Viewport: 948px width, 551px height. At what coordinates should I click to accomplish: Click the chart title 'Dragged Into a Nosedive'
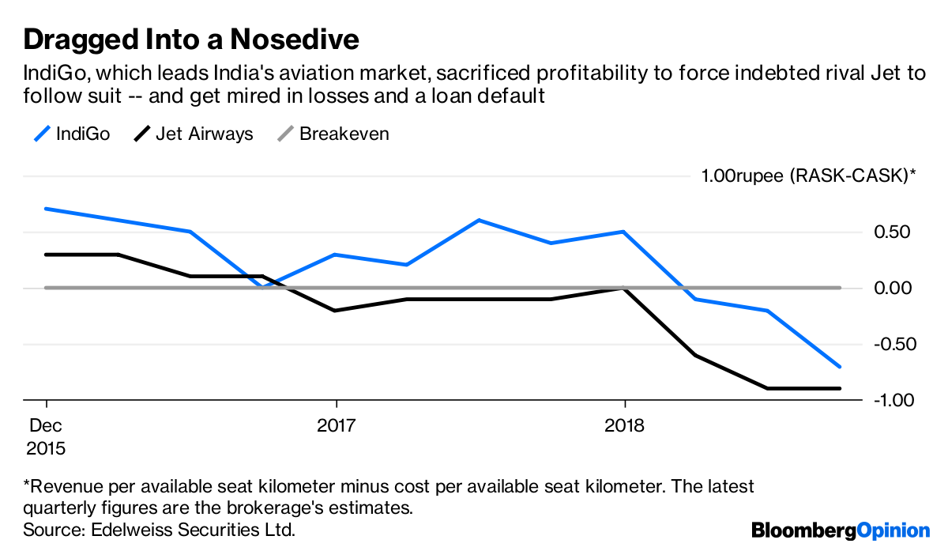click(x=191, y=40)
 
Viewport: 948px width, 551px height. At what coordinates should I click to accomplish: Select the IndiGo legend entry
click(x=72, y=134)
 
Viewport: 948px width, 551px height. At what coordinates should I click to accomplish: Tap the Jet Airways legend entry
click(x=193, y=134)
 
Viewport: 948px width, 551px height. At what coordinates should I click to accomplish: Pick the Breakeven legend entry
click(x=333, y=134)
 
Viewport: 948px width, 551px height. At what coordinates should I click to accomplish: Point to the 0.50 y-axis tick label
click(x=892, y=232)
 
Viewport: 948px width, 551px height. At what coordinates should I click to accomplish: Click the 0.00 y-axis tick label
click(x=893, y=289)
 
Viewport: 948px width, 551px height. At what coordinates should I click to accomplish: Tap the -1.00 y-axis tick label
click(x=894, y=400)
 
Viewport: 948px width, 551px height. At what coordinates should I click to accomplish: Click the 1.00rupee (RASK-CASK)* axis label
click(x=808, y=175)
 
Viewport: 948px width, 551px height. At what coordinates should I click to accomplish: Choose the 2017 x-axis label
click(x=337, y=425)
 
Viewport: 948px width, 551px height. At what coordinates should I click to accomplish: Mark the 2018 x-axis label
click(x=624, y=425)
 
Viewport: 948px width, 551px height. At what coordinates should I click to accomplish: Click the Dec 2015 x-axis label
click(x=46, y=436)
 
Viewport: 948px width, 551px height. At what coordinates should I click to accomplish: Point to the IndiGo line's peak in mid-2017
click(x=479, y=221)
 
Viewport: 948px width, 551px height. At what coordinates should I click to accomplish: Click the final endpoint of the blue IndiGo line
click(x=840, y=367)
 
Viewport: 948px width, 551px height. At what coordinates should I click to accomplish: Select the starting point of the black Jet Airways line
click(x=46, y=255)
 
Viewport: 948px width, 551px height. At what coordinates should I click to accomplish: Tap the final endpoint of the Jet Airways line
click(x=840, y=388)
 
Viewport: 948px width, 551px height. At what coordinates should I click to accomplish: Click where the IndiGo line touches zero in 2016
click(x=262, y=287)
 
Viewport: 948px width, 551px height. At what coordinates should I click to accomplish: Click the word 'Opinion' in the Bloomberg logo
click(x=893, y=531)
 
